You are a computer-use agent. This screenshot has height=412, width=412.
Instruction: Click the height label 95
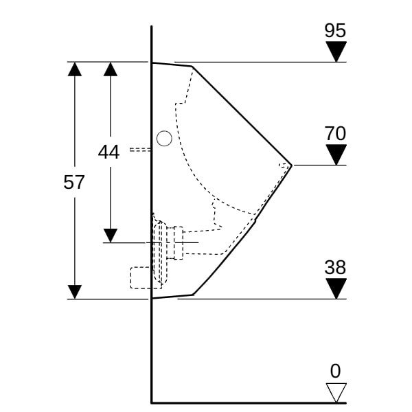pyautogui.click(x=335, y=30)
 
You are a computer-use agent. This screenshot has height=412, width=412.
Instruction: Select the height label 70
pyautogui.click(x=335, y=133)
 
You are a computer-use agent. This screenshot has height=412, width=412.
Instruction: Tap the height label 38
pyautogui.click(x=335, y=268)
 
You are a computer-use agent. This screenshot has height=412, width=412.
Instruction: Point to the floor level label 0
pyautogui.click(x=335, y=371)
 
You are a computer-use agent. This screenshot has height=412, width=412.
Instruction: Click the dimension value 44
pyautogui.click(x=108, y=152)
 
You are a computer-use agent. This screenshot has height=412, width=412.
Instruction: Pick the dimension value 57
pyautogui.click(x=74, y=182)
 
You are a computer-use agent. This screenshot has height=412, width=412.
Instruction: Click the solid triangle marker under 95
pyautogui.click(x=336, y=51)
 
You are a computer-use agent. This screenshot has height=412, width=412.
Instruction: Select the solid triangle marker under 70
pyautogui.click(x=336, y=154)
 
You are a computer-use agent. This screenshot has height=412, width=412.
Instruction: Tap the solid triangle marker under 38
pyautogui.click(x=336, y=288)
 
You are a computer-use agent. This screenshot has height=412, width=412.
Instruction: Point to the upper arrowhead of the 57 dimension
pyautogui.click(x=75, y=69)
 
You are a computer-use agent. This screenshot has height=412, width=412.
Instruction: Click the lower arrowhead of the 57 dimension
pyautogui.click(x=75, y=292)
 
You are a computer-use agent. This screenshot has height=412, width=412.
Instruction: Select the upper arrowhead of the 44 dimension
pyautogui.click(x=111, y=69)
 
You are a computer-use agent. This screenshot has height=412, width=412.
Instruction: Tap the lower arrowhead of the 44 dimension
pyautogui.click(x=111, y=236)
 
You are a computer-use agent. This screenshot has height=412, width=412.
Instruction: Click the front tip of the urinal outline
pyautogui.click(x=292, y=165)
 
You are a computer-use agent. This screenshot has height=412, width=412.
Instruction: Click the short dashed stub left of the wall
pyautogui.click(x=141, y=150)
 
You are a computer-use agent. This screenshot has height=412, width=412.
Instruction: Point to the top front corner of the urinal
pyautogui.click(x=192, y=67)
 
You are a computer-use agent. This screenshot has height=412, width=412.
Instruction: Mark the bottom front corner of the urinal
pyautogui.click(x=193, y=295)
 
